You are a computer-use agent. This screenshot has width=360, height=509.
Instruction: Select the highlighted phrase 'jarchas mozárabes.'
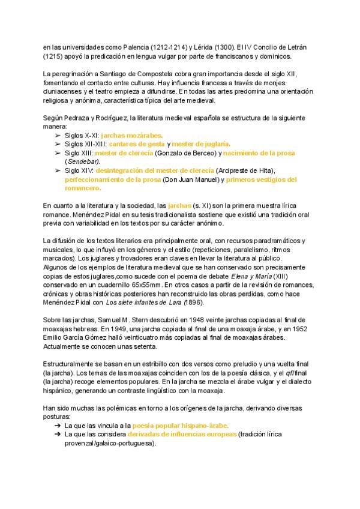pos(132,136)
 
